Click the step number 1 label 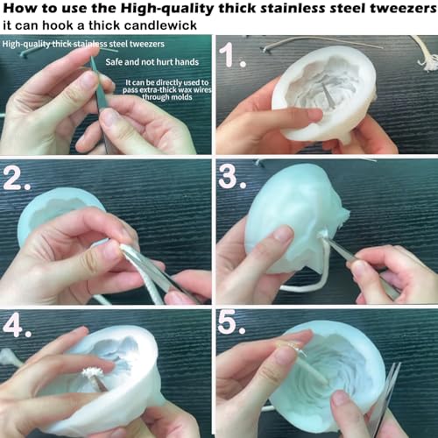(232, 55)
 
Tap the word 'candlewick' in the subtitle (160, 25)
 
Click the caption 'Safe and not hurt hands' (152, 62)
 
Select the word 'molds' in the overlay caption (180, 97)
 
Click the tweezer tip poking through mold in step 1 (327, 94)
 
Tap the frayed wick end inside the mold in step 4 (92, 372)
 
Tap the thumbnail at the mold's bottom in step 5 (340, 398)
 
